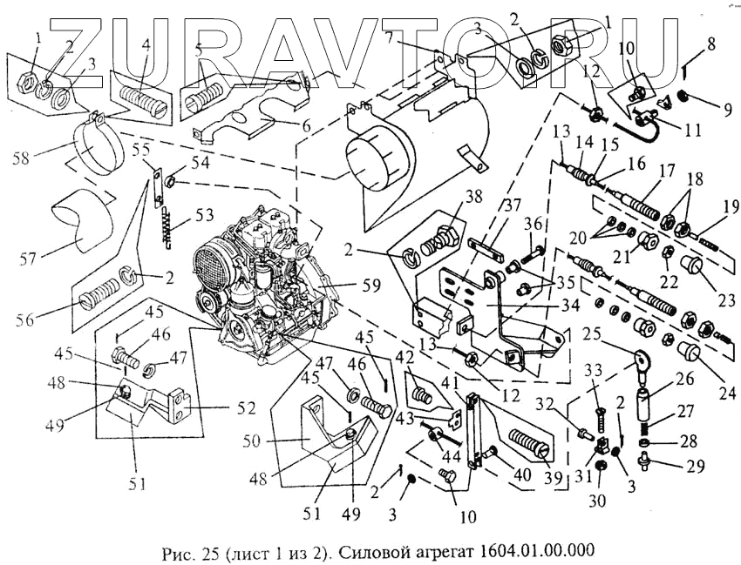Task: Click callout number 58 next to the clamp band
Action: (x=26, y=158)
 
